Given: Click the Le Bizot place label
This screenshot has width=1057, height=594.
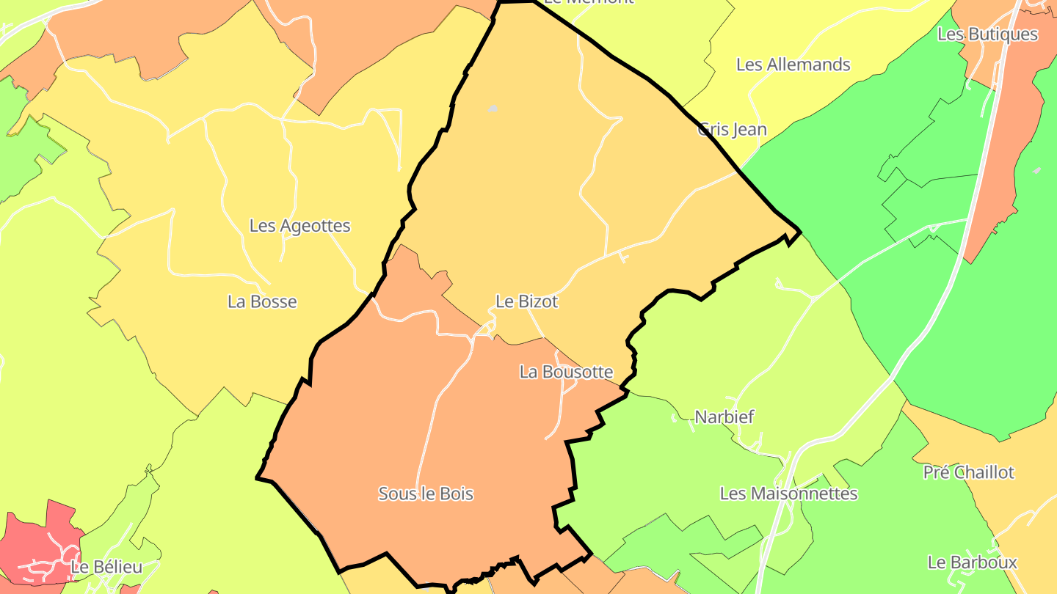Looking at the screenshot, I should coord(527,301).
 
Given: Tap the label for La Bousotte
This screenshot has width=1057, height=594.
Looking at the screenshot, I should coord(566,372).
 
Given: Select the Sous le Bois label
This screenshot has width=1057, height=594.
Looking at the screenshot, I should coord(426,494).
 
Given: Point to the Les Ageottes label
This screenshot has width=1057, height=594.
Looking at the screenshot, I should coord(299,226).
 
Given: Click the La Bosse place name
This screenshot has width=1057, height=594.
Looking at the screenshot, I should coord(262,301).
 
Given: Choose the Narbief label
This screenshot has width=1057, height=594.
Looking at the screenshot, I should coord(724,417).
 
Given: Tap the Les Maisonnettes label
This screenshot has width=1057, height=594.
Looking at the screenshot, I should coord(788,494).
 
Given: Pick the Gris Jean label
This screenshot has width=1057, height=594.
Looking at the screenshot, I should coord(732,130).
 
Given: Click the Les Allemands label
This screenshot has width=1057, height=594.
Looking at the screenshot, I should coord(793,65).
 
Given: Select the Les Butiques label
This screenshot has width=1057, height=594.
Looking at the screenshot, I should coord(988,34).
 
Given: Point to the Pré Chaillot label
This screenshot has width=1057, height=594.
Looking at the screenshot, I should coord(968,472).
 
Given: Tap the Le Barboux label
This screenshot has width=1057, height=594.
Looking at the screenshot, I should coord(972,562).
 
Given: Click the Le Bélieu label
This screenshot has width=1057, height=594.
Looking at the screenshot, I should coord(106,567).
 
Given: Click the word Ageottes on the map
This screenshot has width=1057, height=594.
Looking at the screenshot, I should coord(315,226).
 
